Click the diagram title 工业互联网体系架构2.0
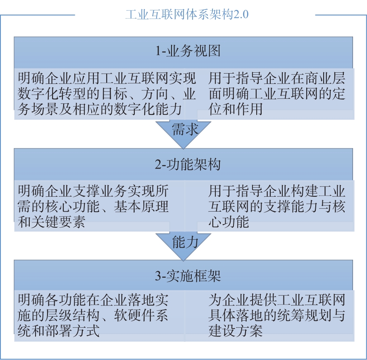187,14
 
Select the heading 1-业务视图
188,50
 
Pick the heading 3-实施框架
188,276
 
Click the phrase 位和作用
236,109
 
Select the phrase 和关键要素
51,222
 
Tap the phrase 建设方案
236,331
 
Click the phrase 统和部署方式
59,331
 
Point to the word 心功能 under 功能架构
229,222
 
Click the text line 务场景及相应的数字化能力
100,109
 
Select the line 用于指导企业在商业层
276,78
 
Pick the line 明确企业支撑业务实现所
93,191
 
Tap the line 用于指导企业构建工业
276,191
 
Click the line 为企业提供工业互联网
276,300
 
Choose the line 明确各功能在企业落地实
93,300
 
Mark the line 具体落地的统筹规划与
276,315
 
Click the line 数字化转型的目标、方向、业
107,94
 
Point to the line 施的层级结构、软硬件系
93,315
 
